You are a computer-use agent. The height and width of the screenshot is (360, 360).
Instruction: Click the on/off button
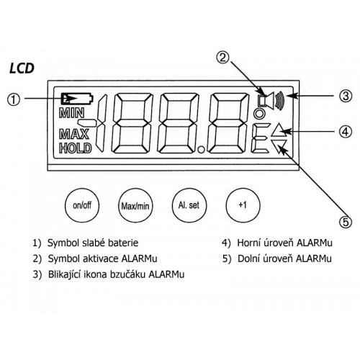coord(82,205)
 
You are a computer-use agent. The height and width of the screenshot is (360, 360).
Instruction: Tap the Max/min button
coord(135,205)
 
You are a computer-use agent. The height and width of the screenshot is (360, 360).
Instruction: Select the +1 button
coord(243,205)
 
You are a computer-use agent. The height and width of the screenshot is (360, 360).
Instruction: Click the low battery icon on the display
coord(77,99)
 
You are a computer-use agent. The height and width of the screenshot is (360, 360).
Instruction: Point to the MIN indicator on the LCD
coord(71,113)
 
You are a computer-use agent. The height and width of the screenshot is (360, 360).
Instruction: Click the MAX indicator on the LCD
coord(73,134)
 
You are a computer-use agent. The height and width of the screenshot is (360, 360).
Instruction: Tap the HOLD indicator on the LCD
coord(76,148)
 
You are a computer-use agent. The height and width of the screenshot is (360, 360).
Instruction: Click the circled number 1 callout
coord(14,99)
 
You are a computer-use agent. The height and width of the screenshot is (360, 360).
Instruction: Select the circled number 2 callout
coord(223,58)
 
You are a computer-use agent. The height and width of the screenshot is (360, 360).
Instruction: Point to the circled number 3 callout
coord(346,96)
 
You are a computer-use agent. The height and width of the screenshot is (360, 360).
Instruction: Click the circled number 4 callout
coord(346,132)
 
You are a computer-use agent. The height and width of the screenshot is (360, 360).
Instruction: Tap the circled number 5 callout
coord(346,222)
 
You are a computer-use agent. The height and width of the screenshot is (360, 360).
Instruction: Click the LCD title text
coord(22,68)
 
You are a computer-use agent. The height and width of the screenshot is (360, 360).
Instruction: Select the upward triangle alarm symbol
coord(279,132)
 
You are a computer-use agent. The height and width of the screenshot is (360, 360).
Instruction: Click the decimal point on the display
coord(201,150)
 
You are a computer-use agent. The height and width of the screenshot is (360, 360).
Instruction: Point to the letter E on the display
coord(259,138)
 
